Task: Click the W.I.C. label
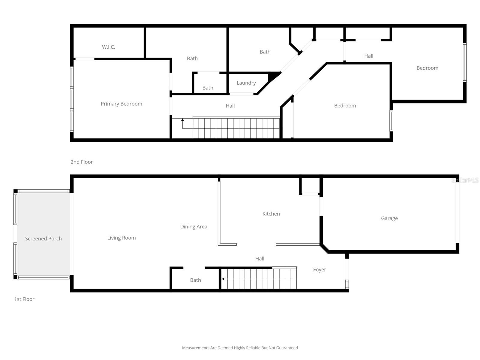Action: pyautogui.click(x=108, y=47)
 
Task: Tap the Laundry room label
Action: pyautogui.click(x=246, y=83)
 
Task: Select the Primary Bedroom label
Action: pyautogui.click(x=121, y=104)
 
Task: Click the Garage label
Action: pyautogui.click(x=389, y=218)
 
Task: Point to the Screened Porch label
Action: pyautogui.click(x=43, y=238)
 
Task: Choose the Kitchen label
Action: pyautogui.click(x=271, y=214)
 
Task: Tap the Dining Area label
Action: pyautogui.click(x=193, y=226)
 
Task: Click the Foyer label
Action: pyautogui.click(x=319, y=269)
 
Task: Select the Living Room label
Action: pyautogui.click(x=121, y=238)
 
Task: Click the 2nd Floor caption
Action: pyautogui.click(x=81, y=162)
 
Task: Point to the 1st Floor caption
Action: pyautogui.click(x=24, y=299)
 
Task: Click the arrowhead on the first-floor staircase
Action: pyautogui.click(x=223, y=279)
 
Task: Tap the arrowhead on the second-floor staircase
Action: pyautogui.click(x=182, y=120)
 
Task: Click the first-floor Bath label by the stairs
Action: pyautogui.click(x=195, y=280)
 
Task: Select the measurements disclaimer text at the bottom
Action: pyautogui.click(x=240, y=348)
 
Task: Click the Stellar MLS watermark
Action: pyautogui.click(x=465, y=180)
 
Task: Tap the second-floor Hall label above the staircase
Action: pyautogui.click(x=230, y=106)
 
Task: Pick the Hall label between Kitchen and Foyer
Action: pyautogui.click(x=259, y=259)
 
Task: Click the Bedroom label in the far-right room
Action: pyautogui.click(x=427, y=68)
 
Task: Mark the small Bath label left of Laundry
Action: pyautogui.click(x=208, y=88)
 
